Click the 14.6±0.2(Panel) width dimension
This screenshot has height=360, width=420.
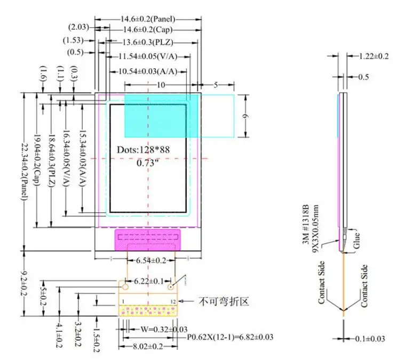148,19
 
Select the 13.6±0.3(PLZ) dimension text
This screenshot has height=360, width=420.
148,42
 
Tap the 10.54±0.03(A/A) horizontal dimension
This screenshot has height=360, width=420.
148,71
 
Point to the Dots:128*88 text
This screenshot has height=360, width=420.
144,150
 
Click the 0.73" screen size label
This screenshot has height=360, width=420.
146,163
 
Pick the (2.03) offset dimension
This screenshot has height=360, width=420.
78,27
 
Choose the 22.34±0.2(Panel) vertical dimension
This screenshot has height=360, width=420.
25,171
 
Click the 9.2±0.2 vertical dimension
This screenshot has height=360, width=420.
25,283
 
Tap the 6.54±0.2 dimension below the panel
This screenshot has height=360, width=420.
151,260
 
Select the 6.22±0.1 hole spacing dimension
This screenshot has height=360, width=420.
149,281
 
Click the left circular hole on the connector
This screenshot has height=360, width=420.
125,287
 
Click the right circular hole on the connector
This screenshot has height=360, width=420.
171,287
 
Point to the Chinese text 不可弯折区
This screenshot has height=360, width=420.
224,302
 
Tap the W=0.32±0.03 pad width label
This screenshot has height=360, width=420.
164,329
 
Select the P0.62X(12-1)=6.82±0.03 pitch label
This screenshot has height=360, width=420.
230,337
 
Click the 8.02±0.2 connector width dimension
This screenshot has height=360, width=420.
148,347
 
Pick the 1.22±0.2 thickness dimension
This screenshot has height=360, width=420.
374,56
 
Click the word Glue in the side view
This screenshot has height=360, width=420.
356,241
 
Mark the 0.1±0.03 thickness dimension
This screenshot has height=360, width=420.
370,339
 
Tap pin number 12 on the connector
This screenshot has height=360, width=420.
173,302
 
